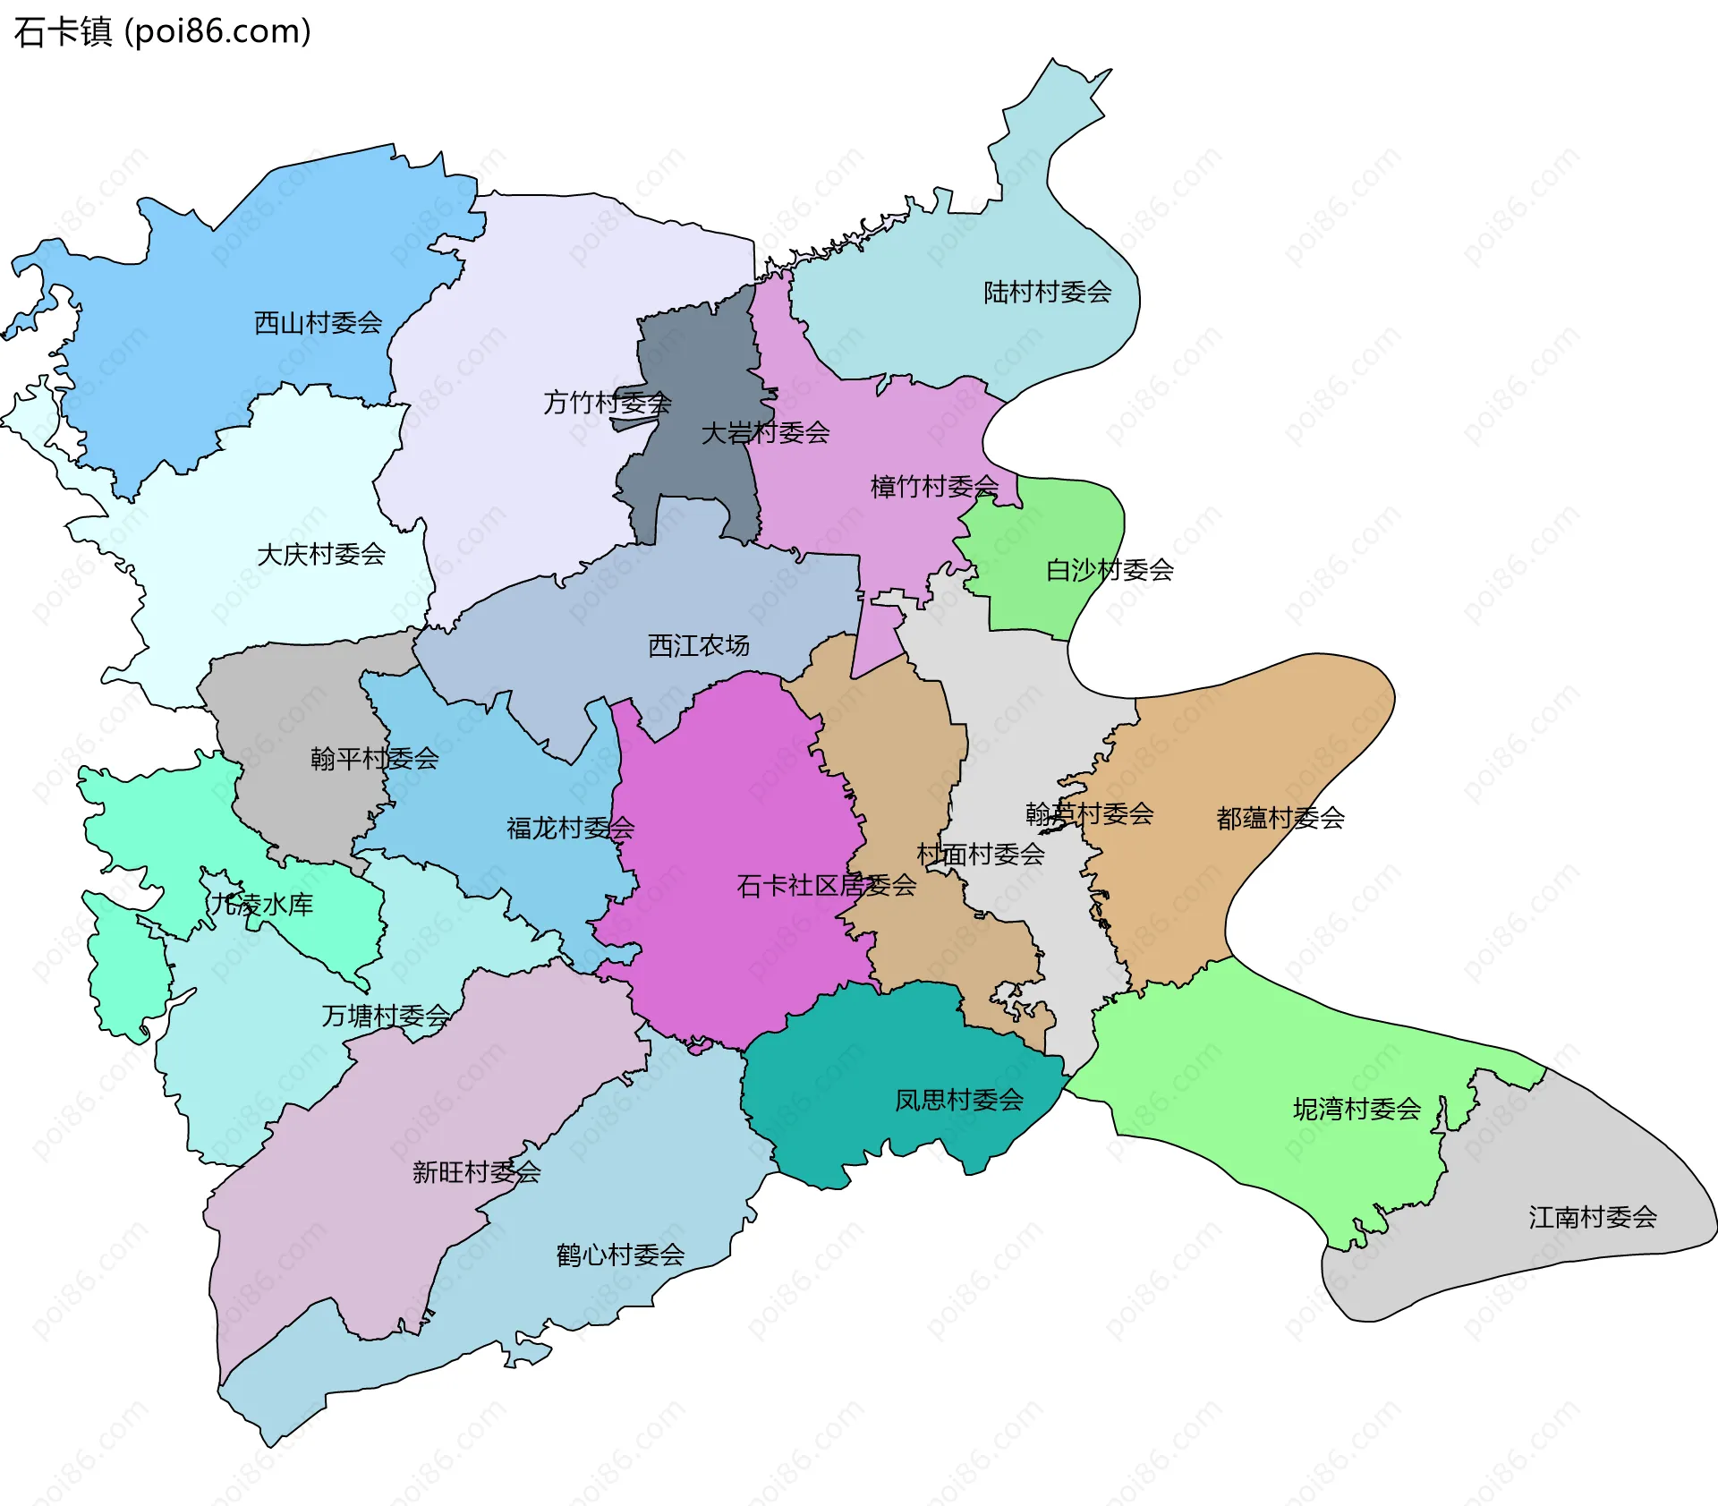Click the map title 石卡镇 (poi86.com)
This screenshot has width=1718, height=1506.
[x=162, y=31]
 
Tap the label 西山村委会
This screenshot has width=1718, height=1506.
[x=318, y=322]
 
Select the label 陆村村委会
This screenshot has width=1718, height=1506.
[x=1047, y=292]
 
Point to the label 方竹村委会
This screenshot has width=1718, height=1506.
[x=607, y=403]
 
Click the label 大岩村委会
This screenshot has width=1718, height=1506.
[x=765, y=433]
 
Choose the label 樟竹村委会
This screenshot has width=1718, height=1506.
[x=934, y=487]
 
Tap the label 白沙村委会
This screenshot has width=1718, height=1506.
[x=1110, y=570]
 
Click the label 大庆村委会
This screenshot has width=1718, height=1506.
[x=320, y=555]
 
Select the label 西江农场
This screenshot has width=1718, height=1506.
[x=698, y=645]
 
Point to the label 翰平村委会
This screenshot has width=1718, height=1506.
[x=374, y=759]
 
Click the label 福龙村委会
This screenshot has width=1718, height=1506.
[x=570, y=828]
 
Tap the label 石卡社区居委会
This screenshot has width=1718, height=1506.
[x=826, y=886]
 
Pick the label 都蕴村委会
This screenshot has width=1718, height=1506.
[x=1280, y=818]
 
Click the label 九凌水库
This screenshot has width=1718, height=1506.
[x=261, y=905]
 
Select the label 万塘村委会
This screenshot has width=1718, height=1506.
[x=386, y=1016]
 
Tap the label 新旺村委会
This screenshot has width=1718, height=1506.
[x=476, y=1171]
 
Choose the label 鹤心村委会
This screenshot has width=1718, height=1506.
[x=620, y=1255]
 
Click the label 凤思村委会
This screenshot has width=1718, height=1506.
[x=958, y=1100]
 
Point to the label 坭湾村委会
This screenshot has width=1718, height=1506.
[x=1357, y=1110]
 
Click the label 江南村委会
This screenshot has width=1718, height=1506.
[x=1592, y=1217]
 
